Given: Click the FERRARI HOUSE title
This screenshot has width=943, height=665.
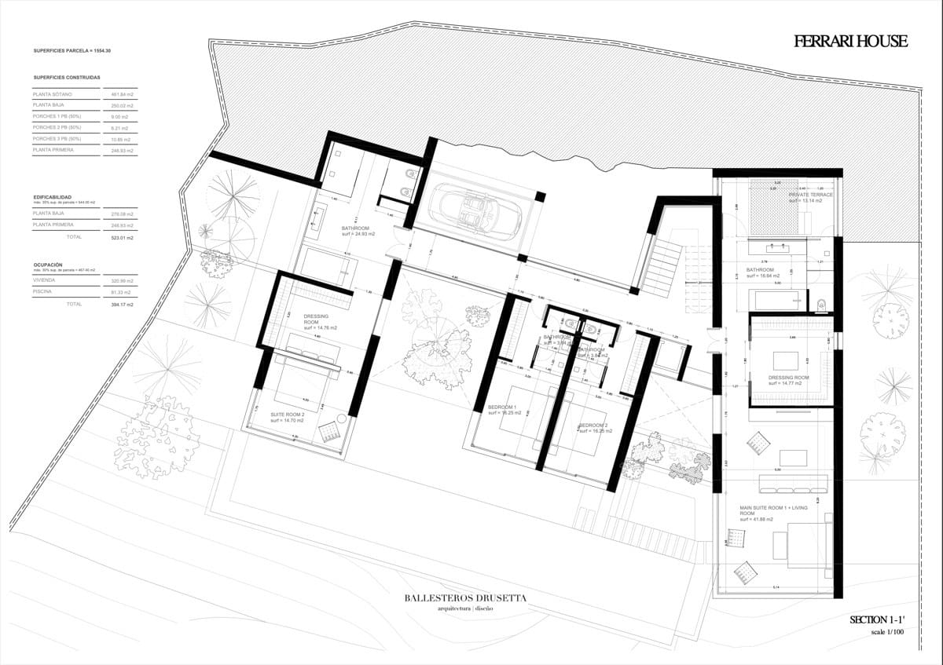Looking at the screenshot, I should [850, 42].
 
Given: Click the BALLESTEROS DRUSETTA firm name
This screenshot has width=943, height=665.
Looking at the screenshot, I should [466, 598].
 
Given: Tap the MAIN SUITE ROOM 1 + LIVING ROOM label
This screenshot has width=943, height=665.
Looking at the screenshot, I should [773, 513].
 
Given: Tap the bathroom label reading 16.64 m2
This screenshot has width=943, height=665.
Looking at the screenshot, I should [760, 272].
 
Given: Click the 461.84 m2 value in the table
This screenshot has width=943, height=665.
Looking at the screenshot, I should [122, 94].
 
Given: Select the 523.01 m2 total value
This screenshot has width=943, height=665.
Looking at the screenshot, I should [122, 236].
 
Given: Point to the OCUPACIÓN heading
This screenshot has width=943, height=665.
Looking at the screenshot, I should [49, 265].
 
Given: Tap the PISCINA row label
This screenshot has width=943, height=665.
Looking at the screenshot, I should [44, 292].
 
